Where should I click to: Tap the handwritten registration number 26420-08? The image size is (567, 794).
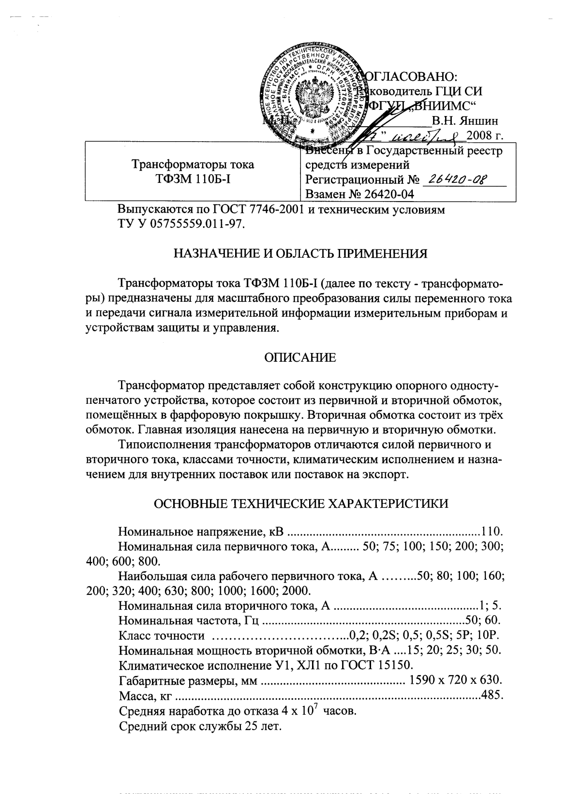[455, 180]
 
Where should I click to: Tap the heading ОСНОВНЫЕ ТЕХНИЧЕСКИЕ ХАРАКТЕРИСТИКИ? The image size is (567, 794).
[300, 503]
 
